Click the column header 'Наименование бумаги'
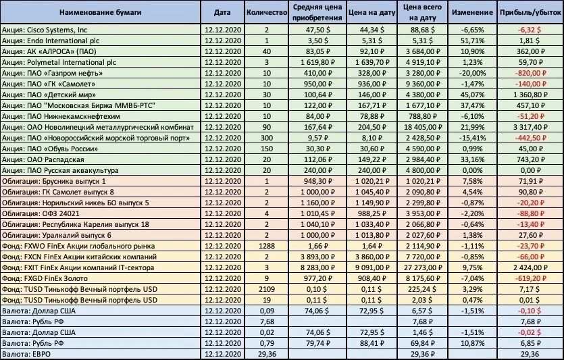coord(100,12)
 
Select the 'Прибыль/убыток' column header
coord(530,12)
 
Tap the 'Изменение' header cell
coord(472,12)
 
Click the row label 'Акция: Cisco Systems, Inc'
coord(45,30)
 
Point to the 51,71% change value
coord(472,41)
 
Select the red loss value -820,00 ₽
coord(530,73)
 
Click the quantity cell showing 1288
coord(267,246)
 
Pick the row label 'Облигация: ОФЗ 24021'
coord(41,213)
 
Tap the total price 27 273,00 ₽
coord(423,267)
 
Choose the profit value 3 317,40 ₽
coord(530,127)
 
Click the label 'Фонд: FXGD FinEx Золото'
coord(45,278)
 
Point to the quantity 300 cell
coord(267,138)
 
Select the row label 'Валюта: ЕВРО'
coord(26,354)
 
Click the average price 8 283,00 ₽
coord(317,267)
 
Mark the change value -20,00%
coord(472,73)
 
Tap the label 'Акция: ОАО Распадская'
coord(43,159)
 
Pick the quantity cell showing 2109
coord(267,289)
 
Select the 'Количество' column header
coord(267,12)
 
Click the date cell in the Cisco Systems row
coord(223,30)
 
